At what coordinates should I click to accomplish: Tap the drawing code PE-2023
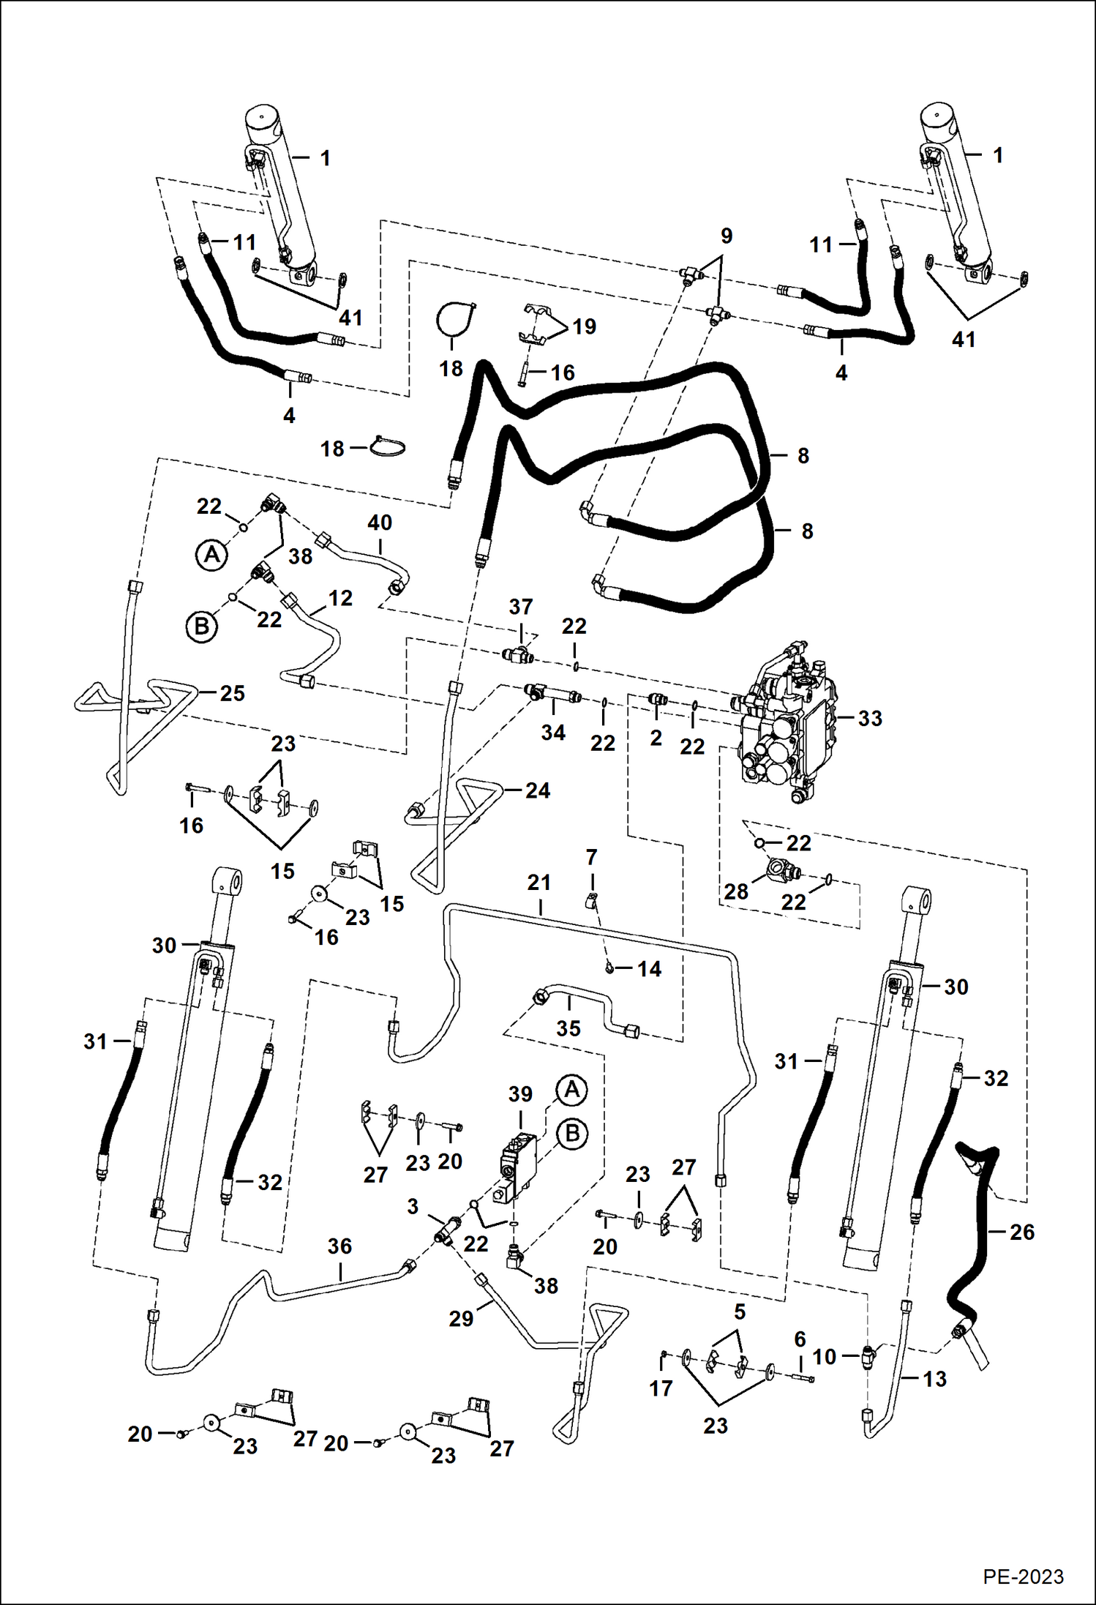click(1023, 1576)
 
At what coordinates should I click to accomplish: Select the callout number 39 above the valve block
click(520, 1094)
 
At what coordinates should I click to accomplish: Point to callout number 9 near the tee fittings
click(726, 236)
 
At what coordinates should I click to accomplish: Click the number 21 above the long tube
click(538, 883)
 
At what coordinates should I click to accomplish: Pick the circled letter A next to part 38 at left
click(211, 555)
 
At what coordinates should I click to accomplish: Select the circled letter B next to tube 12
click(201, 627)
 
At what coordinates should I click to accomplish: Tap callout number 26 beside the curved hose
click(1021, 1232)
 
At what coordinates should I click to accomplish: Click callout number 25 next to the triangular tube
click(232, 693)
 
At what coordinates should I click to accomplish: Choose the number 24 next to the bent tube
click(537, 790)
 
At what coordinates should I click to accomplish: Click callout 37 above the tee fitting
click(520, 607)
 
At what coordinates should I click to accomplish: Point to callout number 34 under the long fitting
click(552, 733)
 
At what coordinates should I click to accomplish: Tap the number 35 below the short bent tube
click(568, 1028)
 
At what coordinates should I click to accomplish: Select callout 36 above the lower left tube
click(339, 1246)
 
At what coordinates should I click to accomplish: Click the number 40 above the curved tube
click(380, 523)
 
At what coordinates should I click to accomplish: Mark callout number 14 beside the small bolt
click(649, 969)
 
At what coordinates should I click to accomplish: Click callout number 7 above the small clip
click(591, 857)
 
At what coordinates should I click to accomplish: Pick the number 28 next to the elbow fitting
click(736, 891)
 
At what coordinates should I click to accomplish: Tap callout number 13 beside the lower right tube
click(934, 1379)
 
